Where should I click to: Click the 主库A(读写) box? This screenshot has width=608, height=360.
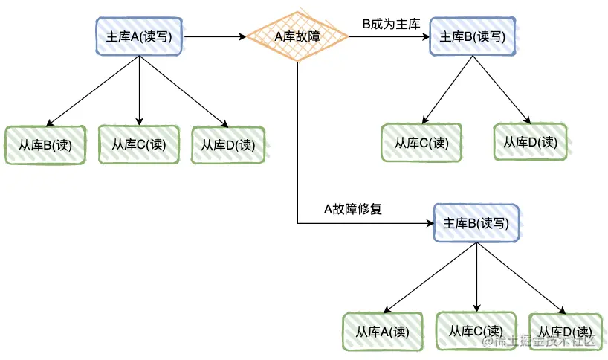point(140,36)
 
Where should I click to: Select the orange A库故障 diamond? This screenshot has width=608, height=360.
point(297,36)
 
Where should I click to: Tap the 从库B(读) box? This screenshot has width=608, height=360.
point(45,144)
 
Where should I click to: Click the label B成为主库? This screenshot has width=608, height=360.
point(391,24)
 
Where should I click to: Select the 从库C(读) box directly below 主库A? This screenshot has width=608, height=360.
point(139,144)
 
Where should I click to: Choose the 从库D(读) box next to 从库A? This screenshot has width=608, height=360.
point(565,332)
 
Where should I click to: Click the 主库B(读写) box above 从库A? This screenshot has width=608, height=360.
point(476,223)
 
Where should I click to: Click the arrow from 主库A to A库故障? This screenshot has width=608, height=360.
point(216,36)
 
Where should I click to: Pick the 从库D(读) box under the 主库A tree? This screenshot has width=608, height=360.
point(228,144)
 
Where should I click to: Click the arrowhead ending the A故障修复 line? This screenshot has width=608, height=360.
point(429,223)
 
